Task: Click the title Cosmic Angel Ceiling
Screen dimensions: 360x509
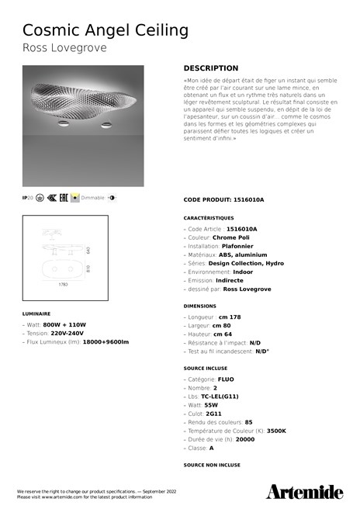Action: point(106,30)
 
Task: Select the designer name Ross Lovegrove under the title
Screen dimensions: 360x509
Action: point(64,48)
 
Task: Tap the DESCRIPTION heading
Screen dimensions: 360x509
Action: point(211,68)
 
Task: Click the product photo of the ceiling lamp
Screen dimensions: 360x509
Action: point(83,126)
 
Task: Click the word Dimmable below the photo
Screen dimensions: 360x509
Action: point(93,199)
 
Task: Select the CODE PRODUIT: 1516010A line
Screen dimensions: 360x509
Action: point(223,199)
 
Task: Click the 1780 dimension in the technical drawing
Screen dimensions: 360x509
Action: point(64,285)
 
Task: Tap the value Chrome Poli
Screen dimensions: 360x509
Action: point(231,237)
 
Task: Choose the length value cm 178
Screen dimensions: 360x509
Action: point(230,317)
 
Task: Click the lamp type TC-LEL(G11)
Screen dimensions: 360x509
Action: point(220,396)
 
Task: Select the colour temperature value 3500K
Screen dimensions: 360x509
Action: point(276,430)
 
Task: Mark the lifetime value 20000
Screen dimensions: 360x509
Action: point(245,439)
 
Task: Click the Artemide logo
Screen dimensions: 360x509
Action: point(304,491)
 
